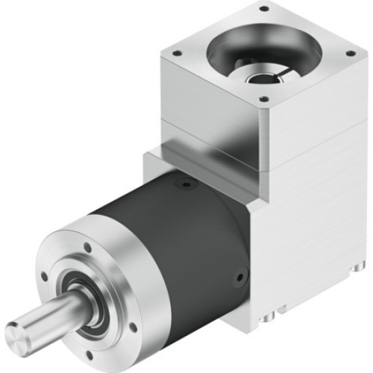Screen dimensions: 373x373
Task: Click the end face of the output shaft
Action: [21, 333]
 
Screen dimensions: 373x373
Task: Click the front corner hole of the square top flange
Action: [263, 98]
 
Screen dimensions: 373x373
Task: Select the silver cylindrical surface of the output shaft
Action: [52, 313]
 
